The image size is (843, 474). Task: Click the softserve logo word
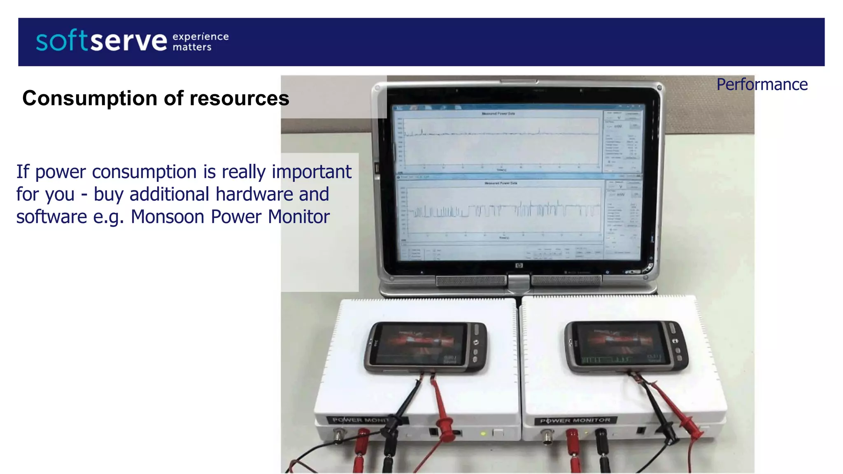pyautogui.click(x=101, y=41)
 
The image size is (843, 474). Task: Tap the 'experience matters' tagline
pyautogui.click(x=200, y=42)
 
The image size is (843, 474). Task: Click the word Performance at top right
pyautogui.click(x=762, y=85)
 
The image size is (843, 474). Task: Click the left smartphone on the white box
pyautogui.click(x=426, y=347)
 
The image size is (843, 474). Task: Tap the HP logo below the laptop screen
pyautogui.click(x=519, y=266)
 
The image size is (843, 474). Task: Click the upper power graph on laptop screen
pyautogui.click(x=501, y=142)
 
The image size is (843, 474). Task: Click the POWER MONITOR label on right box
pyautogui.click(x=575, y=421)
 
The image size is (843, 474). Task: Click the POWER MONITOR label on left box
pyautogui.click(x=360, y=420)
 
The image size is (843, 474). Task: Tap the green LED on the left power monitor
pyautogui.click(x=484, y=434)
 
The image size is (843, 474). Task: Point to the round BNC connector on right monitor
pyautogui.click(x=547, y=436)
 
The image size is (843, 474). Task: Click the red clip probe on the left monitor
pyautogui.click(x=445, y=428)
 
